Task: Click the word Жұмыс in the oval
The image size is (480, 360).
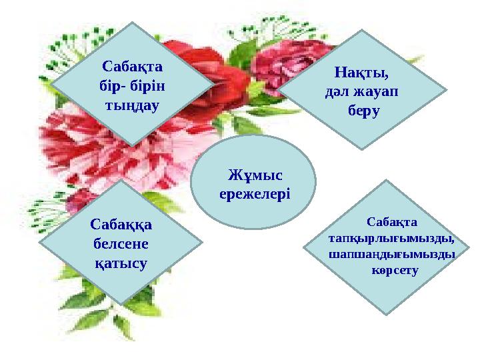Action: coord(254,175)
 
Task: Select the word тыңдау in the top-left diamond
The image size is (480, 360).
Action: coord(133,104)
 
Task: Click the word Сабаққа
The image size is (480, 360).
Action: coord(121,225)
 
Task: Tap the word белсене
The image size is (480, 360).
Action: coord(120,244)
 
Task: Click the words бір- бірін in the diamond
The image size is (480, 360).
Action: coord(133,85)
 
